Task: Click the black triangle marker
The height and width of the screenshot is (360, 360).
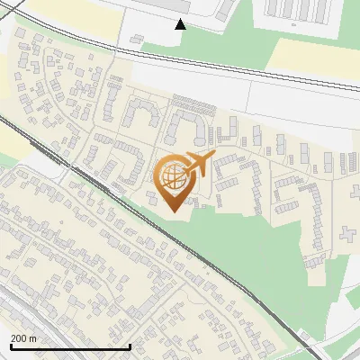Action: tap(181, 24)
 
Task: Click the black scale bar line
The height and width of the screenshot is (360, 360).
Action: tap(70, 346)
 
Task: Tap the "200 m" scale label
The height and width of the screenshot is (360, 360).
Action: tap(23, 338)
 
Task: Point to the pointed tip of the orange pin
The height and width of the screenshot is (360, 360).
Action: tap(173, 211)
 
